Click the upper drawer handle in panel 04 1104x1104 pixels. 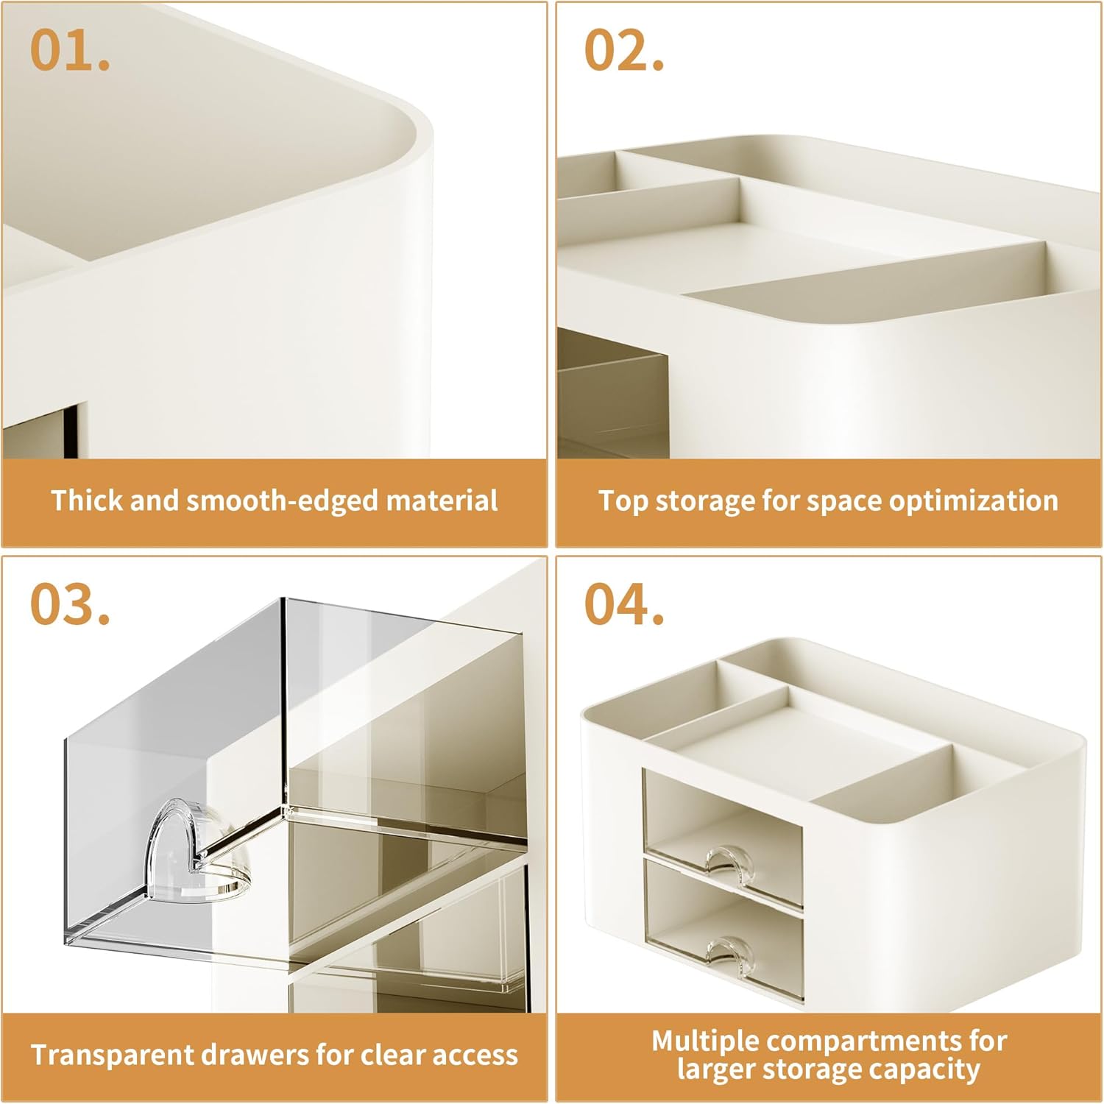730,858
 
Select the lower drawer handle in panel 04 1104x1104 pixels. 730,950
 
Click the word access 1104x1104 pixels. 474,1055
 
